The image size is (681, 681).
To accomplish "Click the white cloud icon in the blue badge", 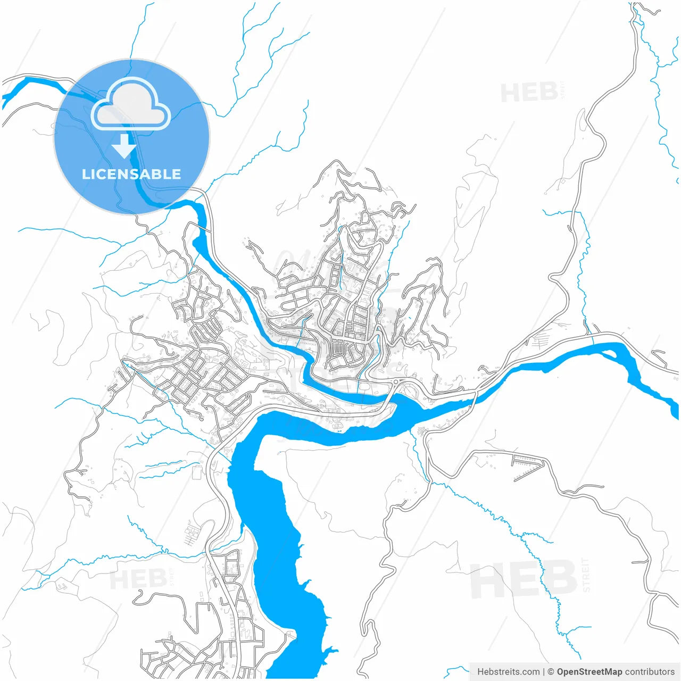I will (131, 105).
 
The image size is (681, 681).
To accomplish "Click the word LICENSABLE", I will (131, 174).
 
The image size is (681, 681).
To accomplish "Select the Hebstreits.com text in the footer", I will (508, 672).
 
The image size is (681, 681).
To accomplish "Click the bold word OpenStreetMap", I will (589, 672).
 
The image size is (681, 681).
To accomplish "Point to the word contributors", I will (650, 672).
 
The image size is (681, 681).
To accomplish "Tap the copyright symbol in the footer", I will (551, 672).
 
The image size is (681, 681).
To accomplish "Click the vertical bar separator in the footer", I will (543, 672).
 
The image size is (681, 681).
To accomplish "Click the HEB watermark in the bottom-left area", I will (138, 579).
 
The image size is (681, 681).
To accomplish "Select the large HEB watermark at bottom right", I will (524, 580).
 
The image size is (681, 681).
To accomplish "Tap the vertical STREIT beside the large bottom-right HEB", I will (586, 575).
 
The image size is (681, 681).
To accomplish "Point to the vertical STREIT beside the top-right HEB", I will (564, 90).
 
